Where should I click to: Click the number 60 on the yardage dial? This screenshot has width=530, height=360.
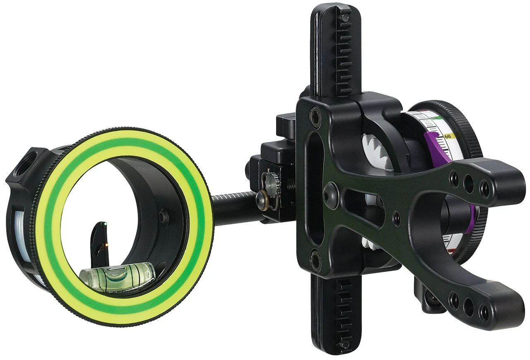[x=447, y=136]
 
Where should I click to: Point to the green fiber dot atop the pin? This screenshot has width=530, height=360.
[x=104, y=225]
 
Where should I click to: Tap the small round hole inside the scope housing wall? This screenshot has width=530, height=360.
[x=165, y=215]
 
